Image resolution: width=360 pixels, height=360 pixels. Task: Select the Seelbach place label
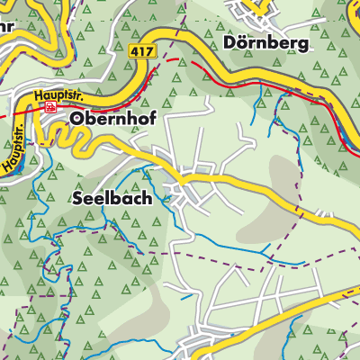[x=107, y=200]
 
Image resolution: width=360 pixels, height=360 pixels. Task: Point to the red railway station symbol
[x=50, y=106]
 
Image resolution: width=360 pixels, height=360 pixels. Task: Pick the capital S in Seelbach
[x=75, y=200]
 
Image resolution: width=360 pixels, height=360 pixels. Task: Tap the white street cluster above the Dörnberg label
[x=256, y=11]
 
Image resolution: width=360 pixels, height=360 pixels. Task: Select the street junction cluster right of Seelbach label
[x=191, y=184]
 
